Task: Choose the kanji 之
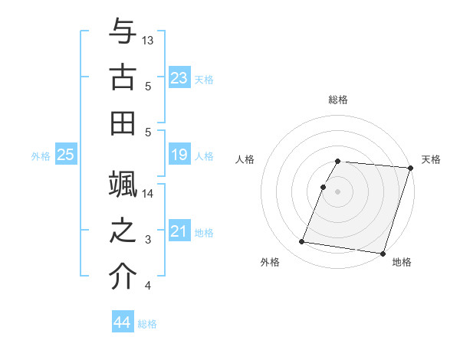click(x=123, y=231)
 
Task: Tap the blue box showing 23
click(x=179, y=77)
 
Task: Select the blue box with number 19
click(x=179, y=155)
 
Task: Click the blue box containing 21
click(x=179, y=231)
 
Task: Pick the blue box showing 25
click(x=66, y=155)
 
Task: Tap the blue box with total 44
click(x=123, y=322)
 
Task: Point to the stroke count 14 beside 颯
click(x=148, y=194)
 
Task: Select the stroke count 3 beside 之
click(x=147, y=240)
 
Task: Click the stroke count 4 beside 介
click(x=147, y=286)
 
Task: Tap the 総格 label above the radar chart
click(x=338, y=100)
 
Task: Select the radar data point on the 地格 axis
click(x=382, y=253)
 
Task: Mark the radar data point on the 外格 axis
click(x=302, y=242)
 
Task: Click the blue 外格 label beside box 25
click(x=41, y=156)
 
